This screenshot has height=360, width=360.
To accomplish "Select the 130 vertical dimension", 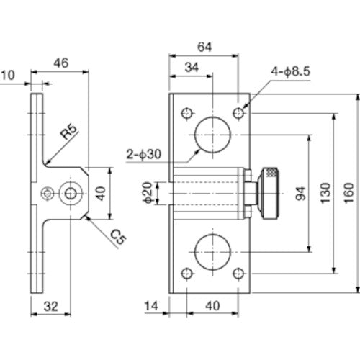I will (x=327, y=192).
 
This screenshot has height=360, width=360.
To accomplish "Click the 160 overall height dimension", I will (x=351, y=192).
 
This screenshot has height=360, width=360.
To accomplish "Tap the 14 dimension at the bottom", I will (x=151, y=306).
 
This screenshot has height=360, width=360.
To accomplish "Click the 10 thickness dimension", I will (x=8, y=74).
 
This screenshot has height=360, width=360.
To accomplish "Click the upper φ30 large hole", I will (x=213, y=134).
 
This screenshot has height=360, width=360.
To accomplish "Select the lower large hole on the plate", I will (x=213, y=251).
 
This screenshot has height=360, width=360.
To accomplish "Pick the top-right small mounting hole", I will (x=239, y=113).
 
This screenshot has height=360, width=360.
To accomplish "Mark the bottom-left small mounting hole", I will (x=187, y=274).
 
